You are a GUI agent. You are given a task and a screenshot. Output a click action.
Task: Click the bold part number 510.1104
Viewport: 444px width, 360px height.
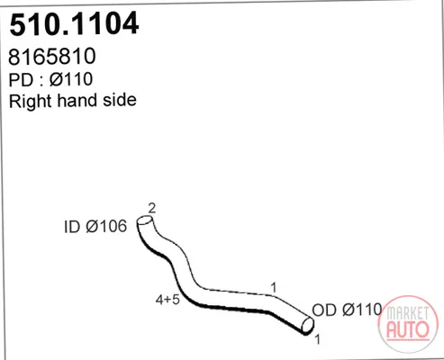point(74,23)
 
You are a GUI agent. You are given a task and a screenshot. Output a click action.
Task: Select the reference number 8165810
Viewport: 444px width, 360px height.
point(52,56)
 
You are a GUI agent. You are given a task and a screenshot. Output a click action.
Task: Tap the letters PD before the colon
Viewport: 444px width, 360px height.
point(21,80)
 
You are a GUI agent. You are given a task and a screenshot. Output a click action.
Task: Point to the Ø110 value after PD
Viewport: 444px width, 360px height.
point(71,79)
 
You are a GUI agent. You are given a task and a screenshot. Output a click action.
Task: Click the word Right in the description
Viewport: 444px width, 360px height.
point(31,101)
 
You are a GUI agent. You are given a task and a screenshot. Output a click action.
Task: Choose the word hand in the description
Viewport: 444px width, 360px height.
point(77,100)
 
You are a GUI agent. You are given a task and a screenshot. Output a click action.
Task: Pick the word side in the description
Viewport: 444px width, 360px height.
point(120,100)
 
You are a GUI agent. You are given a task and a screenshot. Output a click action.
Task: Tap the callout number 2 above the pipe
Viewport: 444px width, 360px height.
point(152,208)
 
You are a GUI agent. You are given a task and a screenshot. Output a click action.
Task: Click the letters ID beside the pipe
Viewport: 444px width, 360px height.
point(72,227)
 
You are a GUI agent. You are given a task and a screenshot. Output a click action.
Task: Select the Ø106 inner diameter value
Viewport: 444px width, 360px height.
point(106,226)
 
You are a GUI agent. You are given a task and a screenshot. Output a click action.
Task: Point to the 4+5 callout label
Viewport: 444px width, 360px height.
point(168,300)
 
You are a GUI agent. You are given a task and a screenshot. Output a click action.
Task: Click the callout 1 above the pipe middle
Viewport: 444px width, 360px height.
point(273,288)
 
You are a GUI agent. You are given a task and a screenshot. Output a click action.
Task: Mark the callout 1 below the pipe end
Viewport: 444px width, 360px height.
point(317,339)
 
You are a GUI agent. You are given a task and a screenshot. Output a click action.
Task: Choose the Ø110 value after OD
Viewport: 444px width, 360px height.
point(362,310)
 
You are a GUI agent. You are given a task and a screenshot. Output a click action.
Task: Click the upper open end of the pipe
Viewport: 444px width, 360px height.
point(145,220)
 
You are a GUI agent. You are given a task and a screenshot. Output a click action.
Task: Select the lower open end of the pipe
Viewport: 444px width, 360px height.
point(307,325)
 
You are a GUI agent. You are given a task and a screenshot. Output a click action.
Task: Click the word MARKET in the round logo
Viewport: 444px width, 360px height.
point(408,313)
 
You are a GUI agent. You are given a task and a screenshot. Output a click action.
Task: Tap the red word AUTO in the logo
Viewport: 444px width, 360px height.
point(408,329)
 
